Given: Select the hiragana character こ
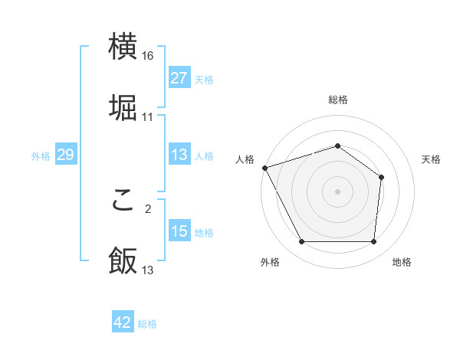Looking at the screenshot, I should pyautogui.click(x=123, y=200).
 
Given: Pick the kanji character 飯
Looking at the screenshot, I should pyautogui.click(x=123, y=260).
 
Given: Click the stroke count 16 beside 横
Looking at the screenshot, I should pyautogui.click(x=148, y=56).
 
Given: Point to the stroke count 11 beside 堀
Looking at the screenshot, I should pyautogui.click(x=148, y=116).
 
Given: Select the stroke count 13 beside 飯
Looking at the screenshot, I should pyautogui.click(x=148, y=270).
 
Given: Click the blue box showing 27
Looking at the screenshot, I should pyautogui.click(x=179, y=78).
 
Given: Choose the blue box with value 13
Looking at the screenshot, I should pyautogui.click(x=179, y=155).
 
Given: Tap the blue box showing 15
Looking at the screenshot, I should pyautogui.click(x=179, y=231).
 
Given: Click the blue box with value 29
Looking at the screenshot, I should pyautogui.click(x=65, y=155).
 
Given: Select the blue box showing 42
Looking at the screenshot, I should pyautogui.click(x=123, y=323).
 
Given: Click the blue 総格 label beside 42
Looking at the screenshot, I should pyautogui.click(x=147, y=324).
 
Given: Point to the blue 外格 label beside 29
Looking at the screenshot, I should pyautogui.click(x=41, y=156).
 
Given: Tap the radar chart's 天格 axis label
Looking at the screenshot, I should pyautogui.click(x=431, y=159).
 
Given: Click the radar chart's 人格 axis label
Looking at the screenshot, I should pyautogui.click(x=245, y=159).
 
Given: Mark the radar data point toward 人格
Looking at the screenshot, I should pyautogui.click(x=264, y=168).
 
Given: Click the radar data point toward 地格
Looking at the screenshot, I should pyautogui.click(x=373, y=242).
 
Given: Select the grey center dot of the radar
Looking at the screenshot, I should pyautogui.click(x=337, y=191).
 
